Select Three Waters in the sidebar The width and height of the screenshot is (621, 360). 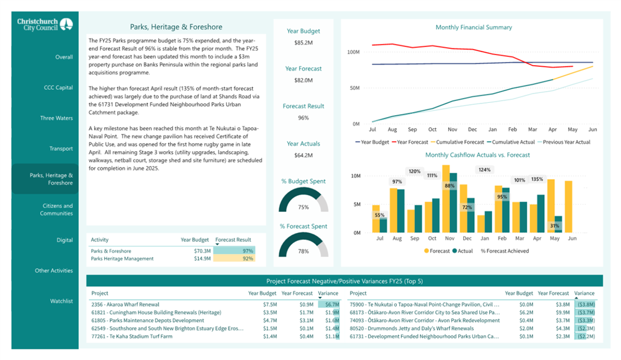(x=56, y=118)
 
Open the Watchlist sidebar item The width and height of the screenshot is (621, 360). (x=61, y=301)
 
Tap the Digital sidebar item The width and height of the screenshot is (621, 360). (x=64, y=240)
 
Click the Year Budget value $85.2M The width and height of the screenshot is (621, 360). (x=303, y=43)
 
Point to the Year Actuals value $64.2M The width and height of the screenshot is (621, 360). (x=303, y=156)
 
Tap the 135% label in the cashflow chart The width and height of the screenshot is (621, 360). (x=537, y=180)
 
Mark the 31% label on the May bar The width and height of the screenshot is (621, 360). (x=554, y=226)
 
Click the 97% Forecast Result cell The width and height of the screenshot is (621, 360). (x=233, y=251)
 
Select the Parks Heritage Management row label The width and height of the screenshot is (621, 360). (x=122, y=258)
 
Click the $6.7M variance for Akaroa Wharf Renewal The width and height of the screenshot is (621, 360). (x=329, y=304)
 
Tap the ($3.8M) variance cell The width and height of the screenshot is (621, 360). (x=585, y=304)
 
